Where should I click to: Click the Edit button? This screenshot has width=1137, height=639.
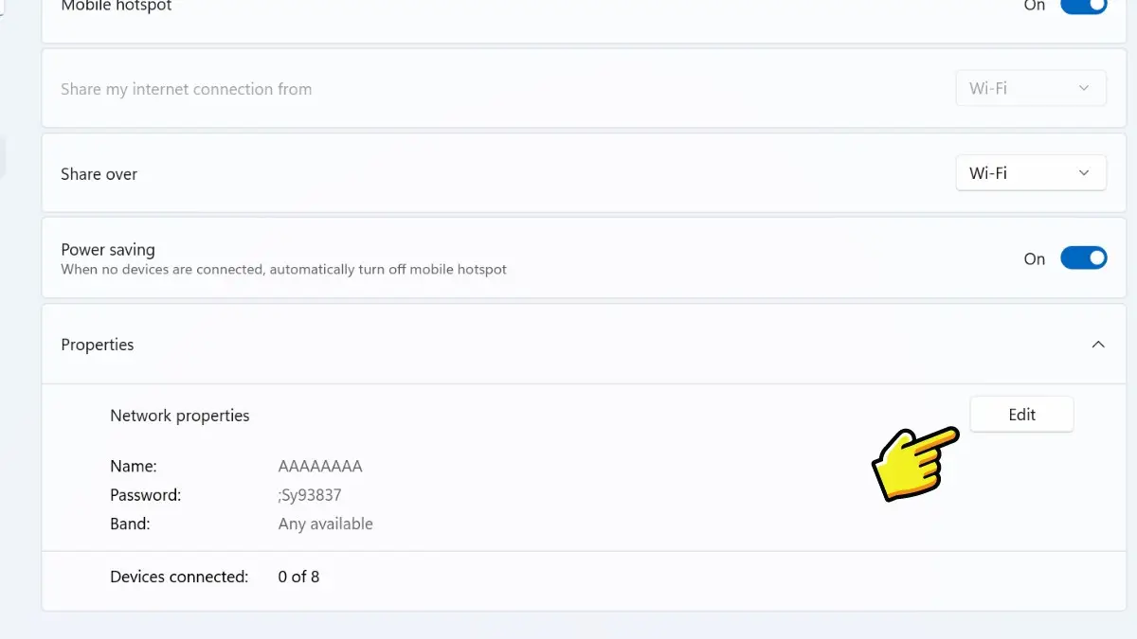coord(1021,415)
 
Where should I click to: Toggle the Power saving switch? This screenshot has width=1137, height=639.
coord(1084,258)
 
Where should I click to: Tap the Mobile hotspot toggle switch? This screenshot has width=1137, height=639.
coord(1084,6)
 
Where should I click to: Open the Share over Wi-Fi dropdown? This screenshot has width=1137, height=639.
coord(1031,173)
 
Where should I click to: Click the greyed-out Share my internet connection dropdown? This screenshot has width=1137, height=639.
coord(1031,88)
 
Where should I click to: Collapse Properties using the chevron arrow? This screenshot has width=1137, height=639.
coord(1098,345)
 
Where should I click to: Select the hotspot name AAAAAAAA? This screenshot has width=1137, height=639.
coord(320,466)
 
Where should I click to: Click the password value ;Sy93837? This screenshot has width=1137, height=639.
coord(310,495)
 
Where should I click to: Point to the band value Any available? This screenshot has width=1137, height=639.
coord(325,524)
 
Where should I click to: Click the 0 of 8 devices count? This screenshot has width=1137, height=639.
coord(298,577)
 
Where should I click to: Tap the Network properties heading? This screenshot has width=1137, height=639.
coord(180,416)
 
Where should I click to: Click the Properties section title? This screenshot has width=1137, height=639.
coord(98,345)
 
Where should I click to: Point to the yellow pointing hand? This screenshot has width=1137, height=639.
coord(914,464)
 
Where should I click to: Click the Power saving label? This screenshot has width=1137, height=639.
coord(108,250)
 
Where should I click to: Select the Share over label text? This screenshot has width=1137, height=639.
coord(99,174)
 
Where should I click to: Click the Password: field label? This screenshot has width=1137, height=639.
coord(146,495)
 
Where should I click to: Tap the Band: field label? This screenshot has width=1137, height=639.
coord(130,524)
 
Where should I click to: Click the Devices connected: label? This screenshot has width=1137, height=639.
coord(179,577)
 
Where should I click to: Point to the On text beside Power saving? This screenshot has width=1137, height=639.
coord(1035,259)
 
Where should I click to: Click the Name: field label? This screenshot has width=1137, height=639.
coord(134,466)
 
